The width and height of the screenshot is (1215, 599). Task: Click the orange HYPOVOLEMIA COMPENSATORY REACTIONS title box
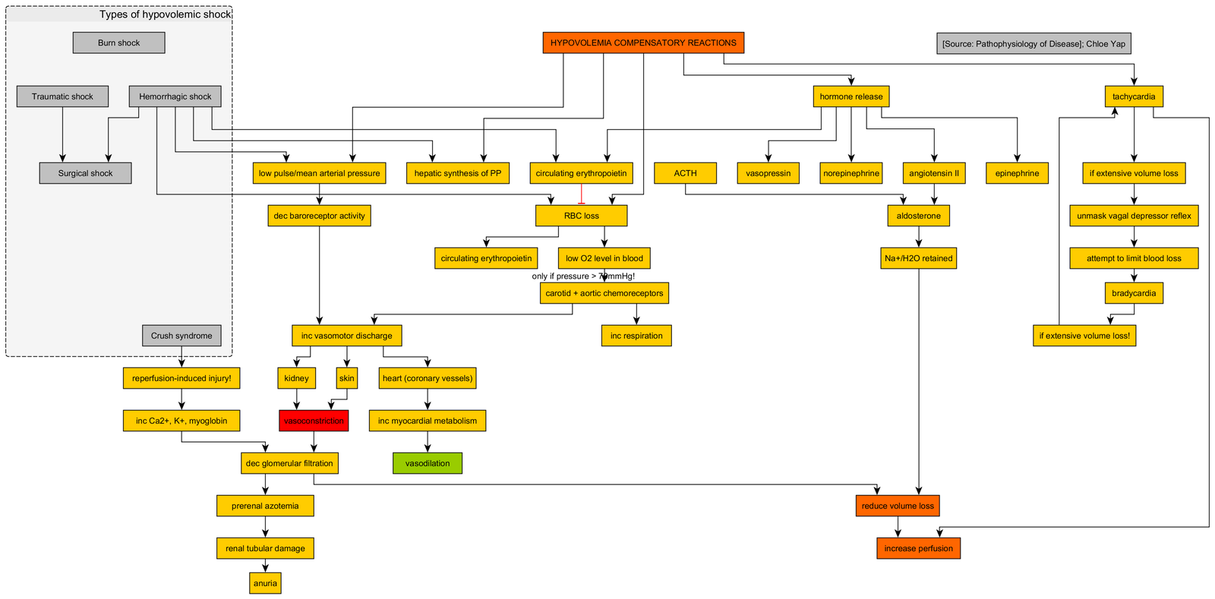(x=643, y=43)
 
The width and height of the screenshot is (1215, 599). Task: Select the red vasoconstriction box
(x=314, y=421)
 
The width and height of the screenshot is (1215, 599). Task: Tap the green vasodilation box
(x=428, y=463)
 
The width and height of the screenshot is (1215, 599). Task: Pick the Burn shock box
(x=118, y=43)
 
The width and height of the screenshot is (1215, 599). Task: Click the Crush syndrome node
(x=181, y=336)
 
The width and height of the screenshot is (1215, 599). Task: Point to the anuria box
(x=265, y=583)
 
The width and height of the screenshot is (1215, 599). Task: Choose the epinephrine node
(x=1017, y=173)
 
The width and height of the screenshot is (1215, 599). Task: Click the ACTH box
(x=685, y=173)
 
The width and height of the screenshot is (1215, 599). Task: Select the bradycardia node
(x=1134, y=293)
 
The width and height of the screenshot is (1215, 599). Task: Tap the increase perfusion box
(x=918, y=548)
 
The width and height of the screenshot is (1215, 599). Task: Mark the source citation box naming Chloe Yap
(x=1034, y=43)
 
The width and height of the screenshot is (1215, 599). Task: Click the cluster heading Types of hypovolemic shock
(x=165, y=14)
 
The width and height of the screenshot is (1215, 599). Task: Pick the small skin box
(x=346, y=378)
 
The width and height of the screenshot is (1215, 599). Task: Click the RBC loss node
(x=581, y=216)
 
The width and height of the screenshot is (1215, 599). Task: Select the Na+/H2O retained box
(x=918, y=258)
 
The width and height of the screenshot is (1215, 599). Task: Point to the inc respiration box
(x=636, y=336)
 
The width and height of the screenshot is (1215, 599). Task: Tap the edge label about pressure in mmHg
(x=583, y=276)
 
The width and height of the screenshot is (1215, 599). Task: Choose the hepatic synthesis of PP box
(x=457, y=173)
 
